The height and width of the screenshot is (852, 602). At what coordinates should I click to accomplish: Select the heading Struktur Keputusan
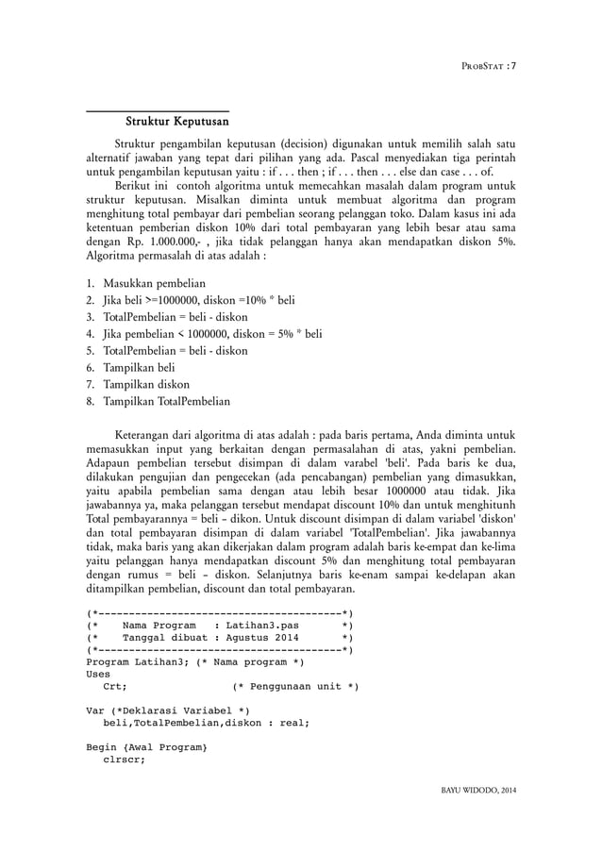click(178, 122)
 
